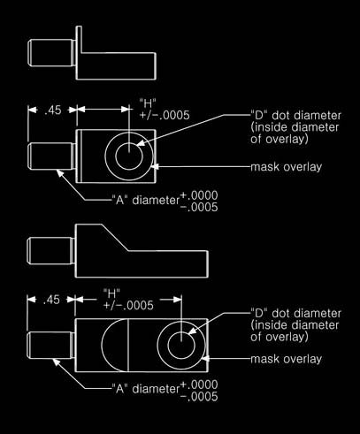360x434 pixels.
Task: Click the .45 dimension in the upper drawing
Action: [x=53, y=110]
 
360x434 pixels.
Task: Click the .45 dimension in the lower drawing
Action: [x=51, y=300]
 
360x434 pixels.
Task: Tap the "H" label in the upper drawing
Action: [x=148, y=103]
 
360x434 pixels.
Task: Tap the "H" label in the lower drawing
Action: [x=111, y=293]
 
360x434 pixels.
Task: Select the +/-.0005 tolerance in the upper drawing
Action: [x=165, y=115]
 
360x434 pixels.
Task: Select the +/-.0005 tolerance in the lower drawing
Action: [x=128, y=305]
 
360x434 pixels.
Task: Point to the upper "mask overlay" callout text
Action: [x=286, y=167]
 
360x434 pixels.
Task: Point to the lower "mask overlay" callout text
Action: [x=286, y=359]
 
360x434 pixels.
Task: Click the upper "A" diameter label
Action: [x=146, y=201]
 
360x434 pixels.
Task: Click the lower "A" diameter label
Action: [x=146, y=389]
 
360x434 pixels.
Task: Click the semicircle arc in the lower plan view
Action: [x=102, y=345]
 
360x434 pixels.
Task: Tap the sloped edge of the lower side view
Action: [x=115, y=238]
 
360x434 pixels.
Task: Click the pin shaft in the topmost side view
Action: [x=50, y=53]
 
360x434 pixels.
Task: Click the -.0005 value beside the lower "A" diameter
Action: [x=199, y=397]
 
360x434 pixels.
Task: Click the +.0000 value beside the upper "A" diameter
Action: [x=199, y=195]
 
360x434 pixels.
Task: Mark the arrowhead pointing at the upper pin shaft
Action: [x=60, y=173]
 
